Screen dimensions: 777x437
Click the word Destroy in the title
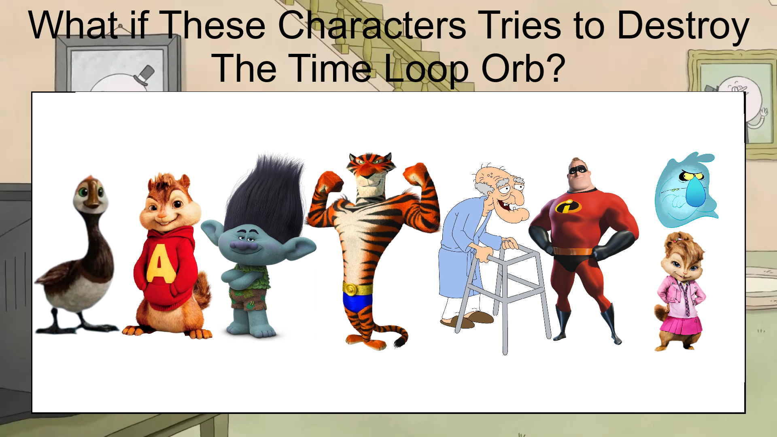point(683,25)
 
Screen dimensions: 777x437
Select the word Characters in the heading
point(372,25)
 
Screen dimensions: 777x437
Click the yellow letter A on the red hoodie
point(161,263)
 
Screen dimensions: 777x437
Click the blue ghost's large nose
point(695,192)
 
